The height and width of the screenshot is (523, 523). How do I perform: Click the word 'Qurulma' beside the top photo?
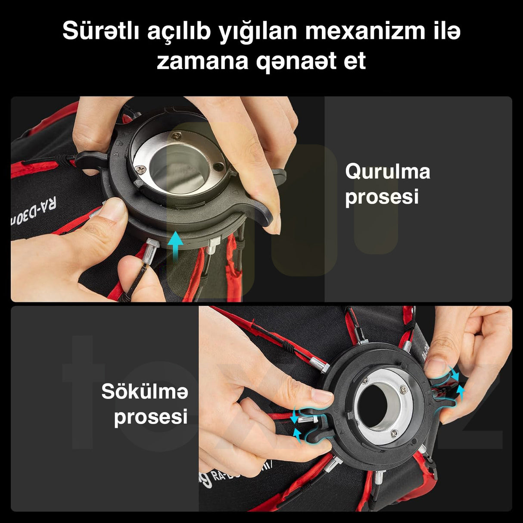387,171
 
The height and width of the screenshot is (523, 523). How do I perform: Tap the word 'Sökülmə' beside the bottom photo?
145,392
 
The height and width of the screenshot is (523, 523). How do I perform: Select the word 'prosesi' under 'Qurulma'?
382,197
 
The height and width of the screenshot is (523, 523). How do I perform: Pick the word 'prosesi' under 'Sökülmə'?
151,417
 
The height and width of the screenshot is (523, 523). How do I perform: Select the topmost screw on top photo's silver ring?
176,136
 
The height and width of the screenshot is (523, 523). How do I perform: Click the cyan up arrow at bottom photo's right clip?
461,391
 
